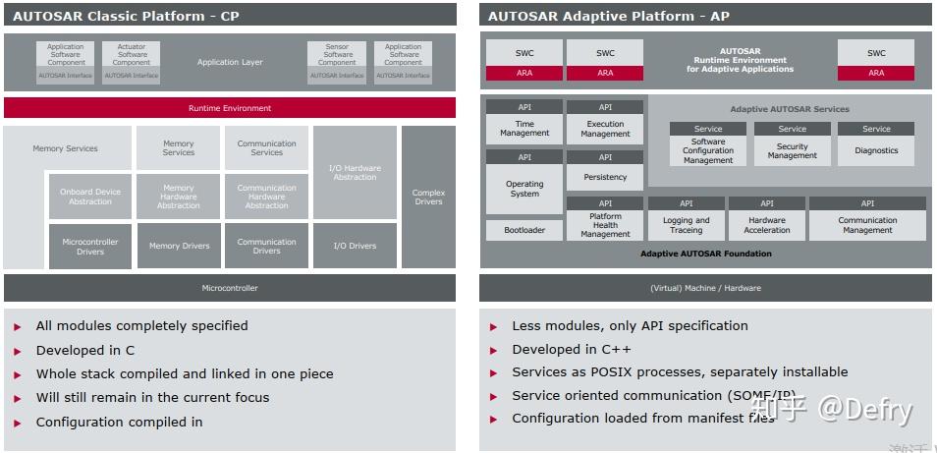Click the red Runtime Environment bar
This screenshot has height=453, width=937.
click(229, 108)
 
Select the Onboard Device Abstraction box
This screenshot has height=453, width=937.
click(90, 197)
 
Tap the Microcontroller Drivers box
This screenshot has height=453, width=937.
click(90, 246)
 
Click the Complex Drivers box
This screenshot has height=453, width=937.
click(428, 197)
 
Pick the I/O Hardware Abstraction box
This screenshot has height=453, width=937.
click(355, 173)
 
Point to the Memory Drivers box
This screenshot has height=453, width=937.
click(179, 246)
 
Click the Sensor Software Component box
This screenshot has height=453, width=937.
click(337, 56)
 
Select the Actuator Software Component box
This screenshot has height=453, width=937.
click(132, 56)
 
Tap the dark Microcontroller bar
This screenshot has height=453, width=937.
click(229, 288)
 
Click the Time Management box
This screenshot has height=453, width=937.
click(524, 129)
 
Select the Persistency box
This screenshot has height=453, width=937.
click(605, 177)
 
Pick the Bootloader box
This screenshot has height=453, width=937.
click(524, 230)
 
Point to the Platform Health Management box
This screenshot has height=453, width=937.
click(605, 225)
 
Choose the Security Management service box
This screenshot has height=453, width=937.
click(792, 150)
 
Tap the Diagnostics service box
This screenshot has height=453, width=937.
click(876, 150)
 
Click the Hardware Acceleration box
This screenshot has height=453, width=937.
click(767, 225)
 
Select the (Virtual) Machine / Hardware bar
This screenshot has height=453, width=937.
click(705, 288)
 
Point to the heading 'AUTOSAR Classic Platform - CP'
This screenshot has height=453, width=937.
click(126, 16)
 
